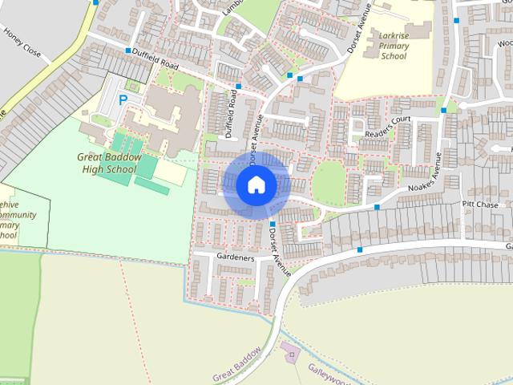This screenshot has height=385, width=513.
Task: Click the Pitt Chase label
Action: [480, 205]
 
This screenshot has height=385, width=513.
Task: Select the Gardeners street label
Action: [235, 258]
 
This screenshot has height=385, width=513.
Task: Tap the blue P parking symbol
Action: [123, 100]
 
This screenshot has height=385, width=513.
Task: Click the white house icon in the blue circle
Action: [256, 184]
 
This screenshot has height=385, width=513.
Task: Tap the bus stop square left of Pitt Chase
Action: [377, 207]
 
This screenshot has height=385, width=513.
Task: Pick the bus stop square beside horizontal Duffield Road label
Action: [127, 51]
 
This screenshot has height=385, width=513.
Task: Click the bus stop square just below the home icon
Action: [273, 224]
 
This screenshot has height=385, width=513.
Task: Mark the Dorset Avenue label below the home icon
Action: [280, 246]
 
